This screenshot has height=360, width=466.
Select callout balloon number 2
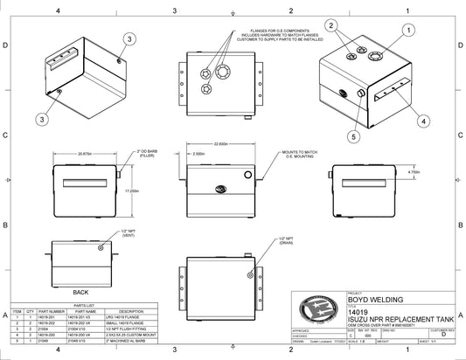[330, 25]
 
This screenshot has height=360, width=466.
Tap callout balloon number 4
[423, 121]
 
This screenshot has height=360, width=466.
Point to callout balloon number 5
[355, 137]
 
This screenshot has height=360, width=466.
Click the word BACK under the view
[80, 292]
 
